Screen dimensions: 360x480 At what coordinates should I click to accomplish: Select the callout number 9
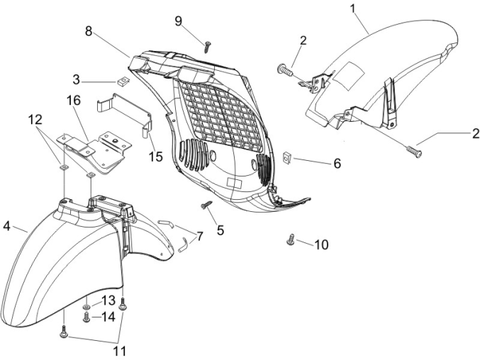pyautogui.click(x=178, y=20)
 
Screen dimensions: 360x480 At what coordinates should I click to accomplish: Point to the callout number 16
pyautogui.click(x=74, y=100)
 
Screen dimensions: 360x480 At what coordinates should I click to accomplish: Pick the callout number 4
pyautogui.click(x=6, y=227)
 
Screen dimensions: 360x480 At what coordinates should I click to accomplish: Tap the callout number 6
pyautogui.click(x=337, y=163)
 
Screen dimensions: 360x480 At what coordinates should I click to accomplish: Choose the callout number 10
pyautogui.click(x=321, y=245)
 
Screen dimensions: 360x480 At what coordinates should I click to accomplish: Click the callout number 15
pyautogui.click(x=156, y=155)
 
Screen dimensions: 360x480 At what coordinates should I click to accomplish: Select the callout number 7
pyautogui.click(x=200, y=237)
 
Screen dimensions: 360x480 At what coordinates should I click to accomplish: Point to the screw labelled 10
pyautogui.click(x=291, y=240)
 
